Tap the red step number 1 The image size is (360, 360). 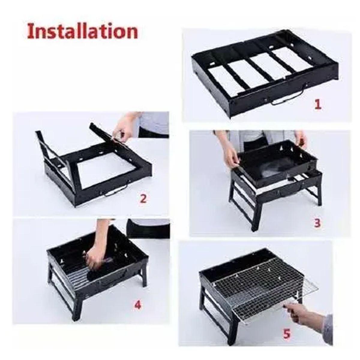[x=318, y=104]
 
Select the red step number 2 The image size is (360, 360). [x=143, y=198]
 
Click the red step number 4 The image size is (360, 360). [x=137, y=305]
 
